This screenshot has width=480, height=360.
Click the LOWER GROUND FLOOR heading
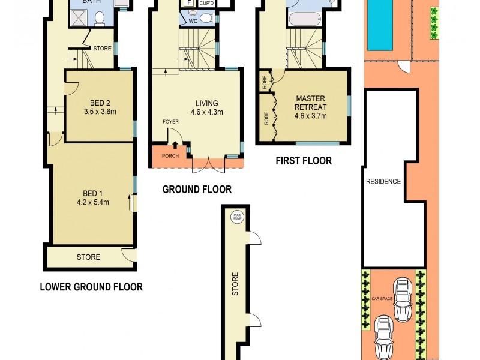(x=91, y=287)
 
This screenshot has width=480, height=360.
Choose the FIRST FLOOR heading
(x=304, y=161)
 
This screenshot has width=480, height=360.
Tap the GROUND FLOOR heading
(x=197, y=190)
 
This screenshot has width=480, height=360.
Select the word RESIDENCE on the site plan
(x=383, y=181)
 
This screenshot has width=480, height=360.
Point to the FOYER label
(x=171, y=121)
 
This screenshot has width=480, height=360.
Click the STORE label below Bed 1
(x=88, y=257)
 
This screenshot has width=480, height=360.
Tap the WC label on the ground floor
(x=193, y=20)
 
